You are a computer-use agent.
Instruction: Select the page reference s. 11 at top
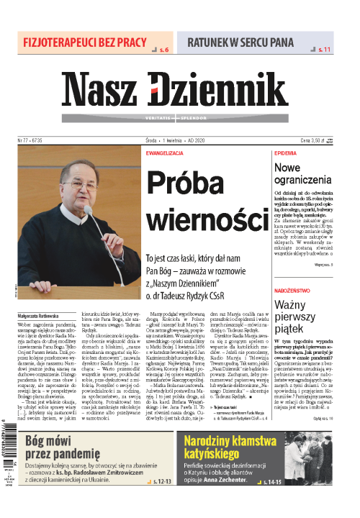pyautogui.click(x=324, y=50)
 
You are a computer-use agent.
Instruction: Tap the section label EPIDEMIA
pyautogui.click(x=285, y=154)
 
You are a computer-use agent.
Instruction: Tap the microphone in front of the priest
pyautogui.click(x=89, y=211)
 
